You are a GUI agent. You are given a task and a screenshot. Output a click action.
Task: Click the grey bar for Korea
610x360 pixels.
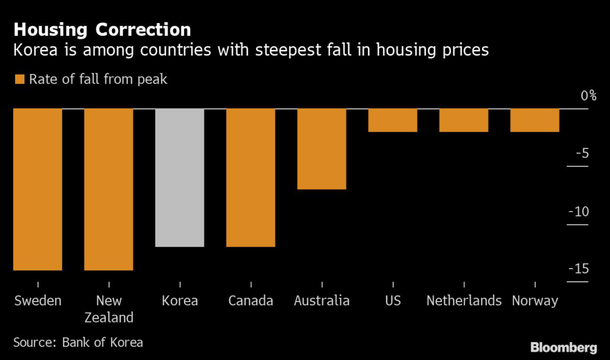[x=179, y=177]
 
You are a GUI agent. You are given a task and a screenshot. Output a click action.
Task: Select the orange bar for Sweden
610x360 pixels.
[x=38, y=189]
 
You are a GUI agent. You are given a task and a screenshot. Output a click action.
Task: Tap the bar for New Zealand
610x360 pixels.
[x=108, y=189]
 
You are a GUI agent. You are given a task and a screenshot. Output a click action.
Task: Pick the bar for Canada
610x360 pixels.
[x=251, y=177]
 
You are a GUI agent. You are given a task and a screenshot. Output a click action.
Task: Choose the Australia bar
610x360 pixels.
[x=322, y=148]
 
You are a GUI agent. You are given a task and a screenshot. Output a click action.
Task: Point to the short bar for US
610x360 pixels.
[x=393, y=120]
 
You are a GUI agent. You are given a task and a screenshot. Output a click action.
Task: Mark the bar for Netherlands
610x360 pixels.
[x=463, y=120]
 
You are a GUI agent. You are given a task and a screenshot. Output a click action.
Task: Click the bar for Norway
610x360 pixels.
[x=535, y=120]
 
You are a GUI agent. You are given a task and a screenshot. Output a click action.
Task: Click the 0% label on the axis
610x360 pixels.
[x=589, y=95]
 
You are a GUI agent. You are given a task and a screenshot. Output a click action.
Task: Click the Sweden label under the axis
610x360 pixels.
[x=38, y=300]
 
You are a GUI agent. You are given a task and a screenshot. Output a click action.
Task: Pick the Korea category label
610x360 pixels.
[x=179, y=300]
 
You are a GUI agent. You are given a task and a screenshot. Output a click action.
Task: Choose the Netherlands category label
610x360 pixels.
[x=463, y=300]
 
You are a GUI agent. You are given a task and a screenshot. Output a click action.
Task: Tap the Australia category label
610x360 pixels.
[x=322, y=300]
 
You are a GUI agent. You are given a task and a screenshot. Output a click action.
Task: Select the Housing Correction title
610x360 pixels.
[x=102, y=30]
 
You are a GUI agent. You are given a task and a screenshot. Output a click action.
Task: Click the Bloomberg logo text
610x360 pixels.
[x=564, y=347]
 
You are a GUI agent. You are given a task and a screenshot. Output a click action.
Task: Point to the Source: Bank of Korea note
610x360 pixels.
[x=77, y=343]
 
